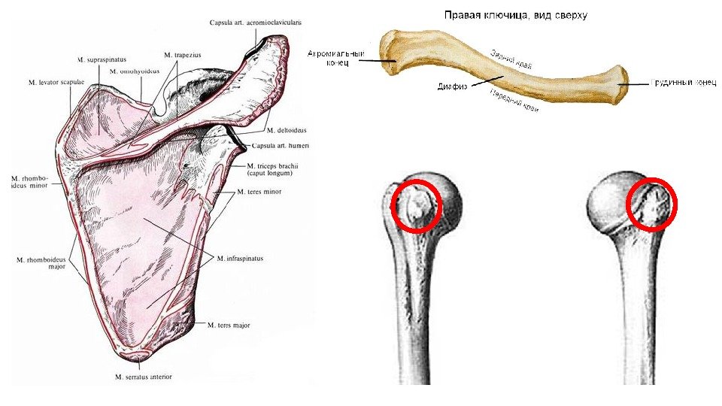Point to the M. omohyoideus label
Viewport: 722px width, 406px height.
(133, 71)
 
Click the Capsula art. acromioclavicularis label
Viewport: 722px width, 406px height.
(255, 23)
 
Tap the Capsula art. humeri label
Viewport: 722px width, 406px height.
(280, 145)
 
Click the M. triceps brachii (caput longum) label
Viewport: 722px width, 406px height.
(271, 169)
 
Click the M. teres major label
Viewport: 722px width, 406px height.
(228, 326)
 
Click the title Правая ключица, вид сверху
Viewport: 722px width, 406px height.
(515, 14)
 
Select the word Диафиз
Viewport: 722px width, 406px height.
(453, 86)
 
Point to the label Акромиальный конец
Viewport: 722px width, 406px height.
(335, 59)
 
